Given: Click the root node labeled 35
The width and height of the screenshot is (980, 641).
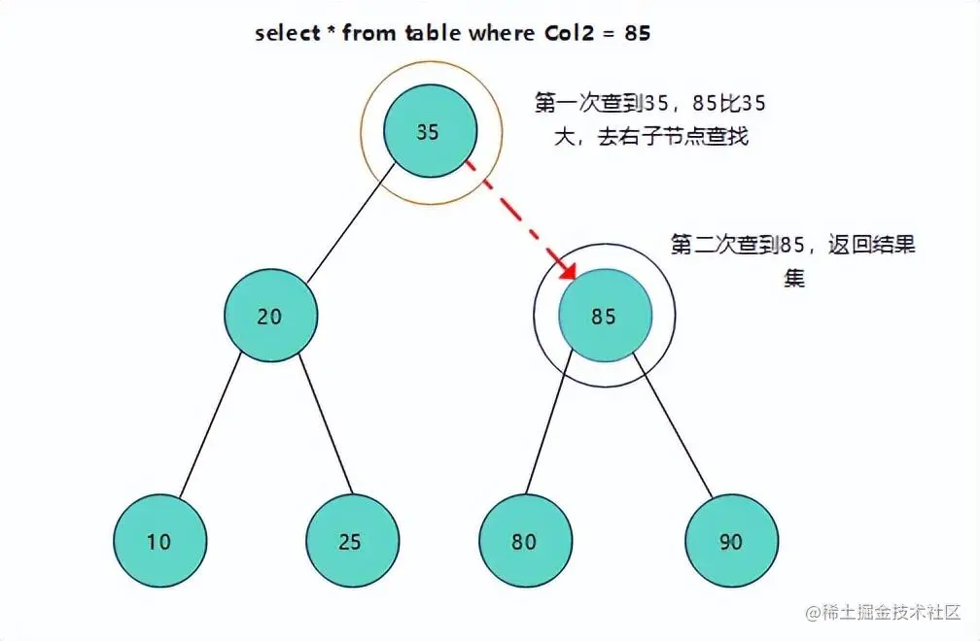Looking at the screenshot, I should click(x=429, y=132).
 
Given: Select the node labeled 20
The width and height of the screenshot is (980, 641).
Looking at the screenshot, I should click(x=270, y=317).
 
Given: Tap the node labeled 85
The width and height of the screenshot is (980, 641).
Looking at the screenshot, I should click(x=604, y=317).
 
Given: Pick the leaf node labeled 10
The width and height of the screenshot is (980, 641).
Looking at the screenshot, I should click(x=159, y=542).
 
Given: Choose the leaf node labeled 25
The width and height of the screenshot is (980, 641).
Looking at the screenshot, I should click(x=351, y=542).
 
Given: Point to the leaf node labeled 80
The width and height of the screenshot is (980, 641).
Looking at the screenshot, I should click(x=525, y=542).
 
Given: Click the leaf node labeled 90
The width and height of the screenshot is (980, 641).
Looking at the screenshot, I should click(x=731, y=542).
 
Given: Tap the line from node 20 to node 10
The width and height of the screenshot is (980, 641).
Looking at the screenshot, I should click(x=210, y=427).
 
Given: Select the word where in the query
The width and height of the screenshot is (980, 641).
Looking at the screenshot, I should click(x=499, y=33).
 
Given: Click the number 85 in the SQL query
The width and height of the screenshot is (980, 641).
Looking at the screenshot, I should click(x=638, y=33).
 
